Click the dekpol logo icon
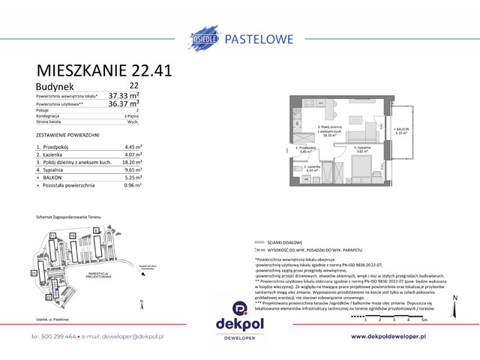pos(240,307)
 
